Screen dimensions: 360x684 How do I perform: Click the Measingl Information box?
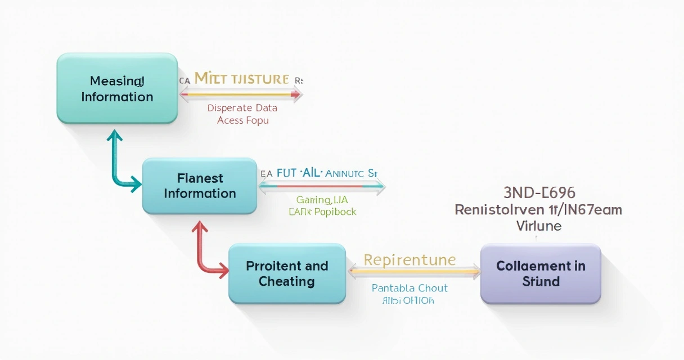click(x=117, y=89)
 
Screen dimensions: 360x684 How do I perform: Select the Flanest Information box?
click(x=200, y=186)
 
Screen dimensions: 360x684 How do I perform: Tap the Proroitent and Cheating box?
click(x=287, y=273)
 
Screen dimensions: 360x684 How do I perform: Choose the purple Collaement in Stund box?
click(x=541, y=273)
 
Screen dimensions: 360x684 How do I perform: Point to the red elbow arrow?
click(x=202, y=254)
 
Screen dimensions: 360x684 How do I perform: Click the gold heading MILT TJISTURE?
click(x=241, y=79)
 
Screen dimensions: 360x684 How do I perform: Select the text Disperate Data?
click(x=242, y=107)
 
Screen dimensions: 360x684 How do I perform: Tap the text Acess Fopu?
click(x=242, y=120)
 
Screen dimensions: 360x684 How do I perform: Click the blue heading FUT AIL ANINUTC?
click(x=321, y=173)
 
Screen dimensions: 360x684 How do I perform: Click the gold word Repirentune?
click(x=409, y=260)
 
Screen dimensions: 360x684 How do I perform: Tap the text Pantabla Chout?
click(x=409, y=288)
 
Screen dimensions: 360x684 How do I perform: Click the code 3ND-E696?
click(x=539, y=193)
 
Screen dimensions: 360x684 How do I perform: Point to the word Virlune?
click(x=539, y=226)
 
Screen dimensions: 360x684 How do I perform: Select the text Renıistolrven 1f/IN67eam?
click(x=538, y=210)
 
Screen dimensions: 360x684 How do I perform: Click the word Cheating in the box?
click(x=286, y=281)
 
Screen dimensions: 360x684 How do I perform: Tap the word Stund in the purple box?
click(x=541, y=281)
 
